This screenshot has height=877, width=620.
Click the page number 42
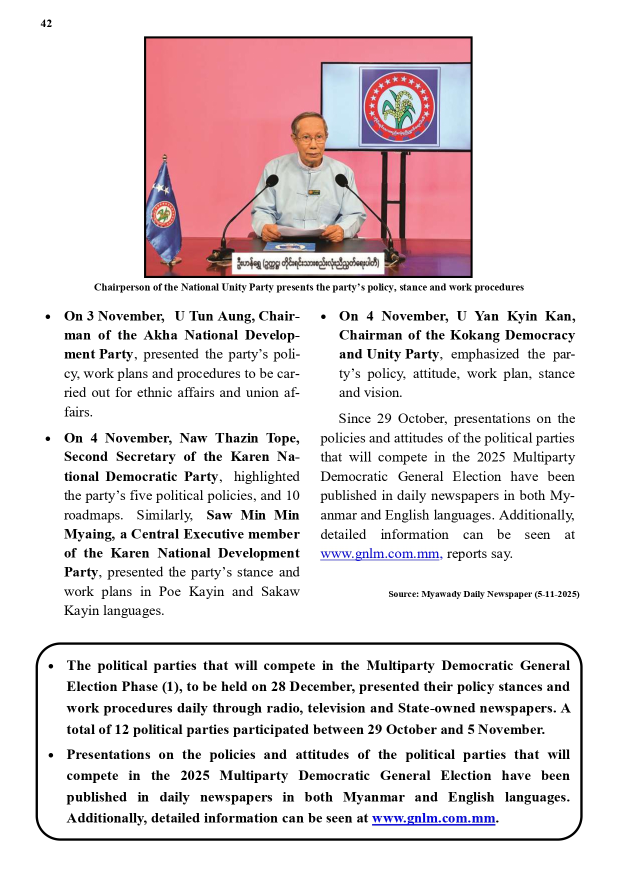[46, 23]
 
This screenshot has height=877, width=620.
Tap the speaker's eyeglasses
[310, 138]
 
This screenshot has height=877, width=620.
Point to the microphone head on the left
[272, 180]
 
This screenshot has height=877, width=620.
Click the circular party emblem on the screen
[398, 106]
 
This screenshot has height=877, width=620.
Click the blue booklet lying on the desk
[289, 246]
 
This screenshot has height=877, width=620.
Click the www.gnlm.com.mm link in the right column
[380, 554]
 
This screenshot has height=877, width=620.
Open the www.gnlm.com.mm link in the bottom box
[433, 818]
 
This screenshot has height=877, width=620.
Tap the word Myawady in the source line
[441, 594]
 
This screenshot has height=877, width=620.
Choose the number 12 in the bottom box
[121, 729]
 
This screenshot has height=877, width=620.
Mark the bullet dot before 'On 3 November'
[48, 316]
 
